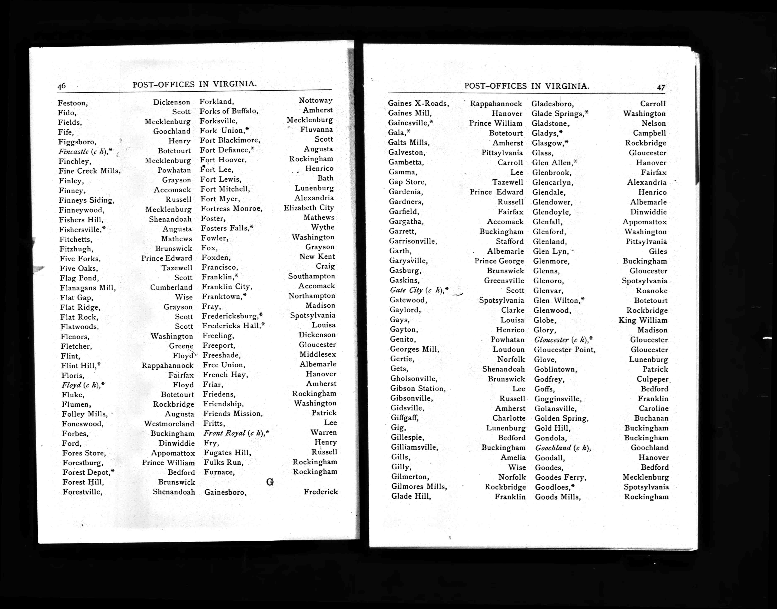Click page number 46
point(61,86)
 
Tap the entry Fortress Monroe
point(231,209)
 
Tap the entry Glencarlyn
point(553,182)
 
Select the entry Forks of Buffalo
point(229,111)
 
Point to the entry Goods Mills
point(558,497)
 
